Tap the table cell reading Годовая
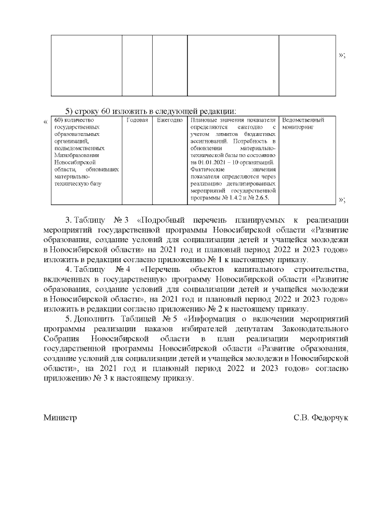click(x=137, y=121)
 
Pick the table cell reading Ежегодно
click(x=170, y=121)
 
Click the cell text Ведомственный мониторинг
click(x=303, y=124)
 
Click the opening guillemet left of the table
click(x=46, y=122)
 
